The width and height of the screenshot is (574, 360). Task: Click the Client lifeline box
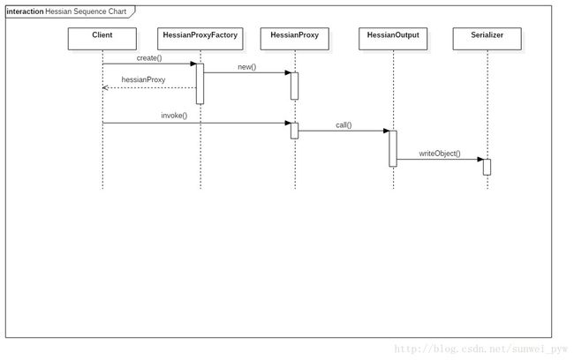click(x=102, y=39)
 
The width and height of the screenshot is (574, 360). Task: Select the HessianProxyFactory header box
click(x=200, y=39)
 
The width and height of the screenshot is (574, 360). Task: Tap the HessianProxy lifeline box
click(x=295, y=39)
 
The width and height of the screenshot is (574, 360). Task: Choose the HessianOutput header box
click(x=393, y=39)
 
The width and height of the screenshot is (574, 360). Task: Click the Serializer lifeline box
click(x=487, y=39)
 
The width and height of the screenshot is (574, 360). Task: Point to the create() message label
click(x=149, y=58)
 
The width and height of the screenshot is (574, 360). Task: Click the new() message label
click(x=247, y=67)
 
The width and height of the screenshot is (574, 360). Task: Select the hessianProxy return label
click(x=143, y=79)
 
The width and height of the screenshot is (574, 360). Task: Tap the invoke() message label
click(x=174, y=116)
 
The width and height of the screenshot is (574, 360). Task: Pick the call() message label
click(x=344, y=125)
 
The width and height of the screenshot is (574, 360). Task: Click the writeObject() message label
click(x=440, y=154)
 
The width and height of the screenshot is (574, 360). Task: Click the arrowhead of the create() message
click(x=193, y=64)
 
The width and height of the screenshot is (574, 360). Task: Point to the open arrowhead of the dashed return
click(x=105, y=88)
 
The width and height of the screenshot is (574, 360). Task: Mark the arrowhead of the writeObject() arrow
click(x=480, y=159)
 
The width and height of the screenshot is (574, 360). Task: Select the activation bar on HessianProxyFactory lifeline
click(x=200, y=84)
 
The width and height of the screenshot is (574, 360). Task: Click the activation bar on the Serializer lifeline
click(x=487, y=167)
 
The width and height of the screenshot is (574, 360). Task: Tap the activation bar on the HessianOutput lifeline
click(x=393, y=148)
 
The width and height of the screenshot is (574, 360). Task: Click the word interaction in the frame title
click(x=25, y=11)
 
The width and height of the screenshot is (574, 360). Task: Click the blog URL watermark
click(x=480, y=349)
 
